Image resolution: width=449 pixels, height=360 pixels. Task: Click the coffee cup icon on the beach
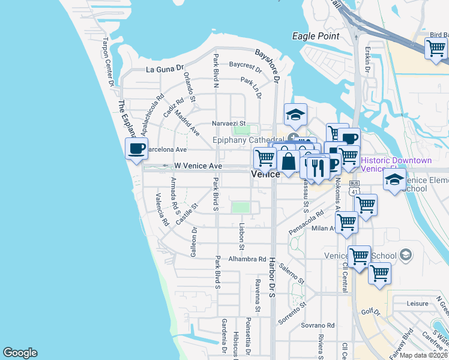(137, 148)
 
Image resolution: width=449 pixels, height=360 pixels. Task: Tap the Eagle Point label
(316, 36)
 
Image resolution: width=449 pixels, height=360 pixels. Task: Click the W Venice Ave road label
(198, 166)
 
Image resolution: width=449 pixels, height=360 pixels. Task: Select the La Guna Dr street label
(164, 70)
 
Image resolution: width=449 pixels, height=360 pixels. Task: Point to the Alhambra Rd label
(247, 259)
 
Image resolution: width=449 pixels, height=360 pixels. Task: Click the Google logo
(20, 353)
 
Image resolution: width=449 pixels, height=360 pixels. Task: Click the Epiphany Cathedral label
(249, 140)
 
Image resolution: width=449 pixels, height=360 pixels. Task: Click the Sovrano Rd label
(318, 324)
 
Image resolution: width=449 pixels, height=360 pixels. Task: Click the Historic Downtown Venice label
(396, 164)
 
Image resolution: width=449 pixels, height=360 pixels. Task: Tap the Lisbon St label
(241, 237)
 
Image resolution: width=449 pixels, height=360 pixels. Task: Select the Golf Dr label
(372, 313)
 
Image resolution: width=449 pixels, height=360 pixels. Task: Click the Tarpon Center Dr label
(108, 62)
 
